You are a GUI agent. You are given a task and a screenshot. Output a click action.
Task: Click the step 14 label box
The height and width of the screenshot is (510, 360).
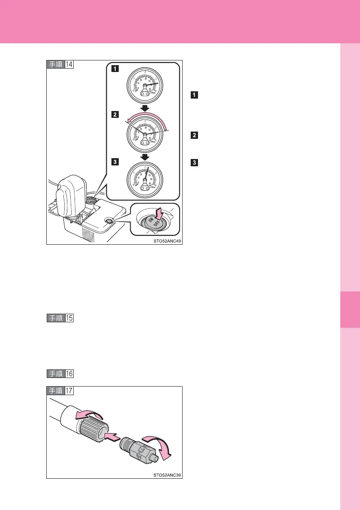pyautogui.click(x=60, y=65)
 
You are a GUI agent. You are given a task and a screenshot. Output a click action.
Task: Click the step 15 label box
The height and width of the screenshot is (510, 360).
pyautogui.click(x=60, y=318)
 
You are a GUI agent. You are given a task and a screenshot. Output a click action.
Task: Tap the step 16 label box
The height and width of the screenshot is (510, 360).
pyautogui.click(x=60, y=374)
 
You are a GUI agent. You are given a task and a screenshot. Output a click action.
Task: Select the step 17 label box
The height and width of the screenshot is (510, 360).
pyautogui.click(x=60, y=391)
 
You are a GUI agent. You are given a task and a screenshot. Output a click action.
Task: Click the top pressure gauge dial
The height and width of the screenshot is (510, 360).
pyautogui.click(x=145, y=85)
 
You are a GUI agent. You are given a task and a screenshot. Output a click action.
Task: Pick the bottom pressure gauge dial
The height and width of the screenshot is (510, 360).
pyautogui.click(x=145, y=180)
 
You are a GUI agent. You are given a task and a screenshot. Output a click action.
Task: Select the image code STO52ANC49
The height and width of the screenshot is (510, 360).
pyautogui.click(x=167, y=241)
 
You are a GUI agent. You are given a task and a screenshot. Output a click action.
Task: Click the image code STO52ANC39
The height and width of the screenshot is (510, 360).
pyautogui.click(x=167, y=475)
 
